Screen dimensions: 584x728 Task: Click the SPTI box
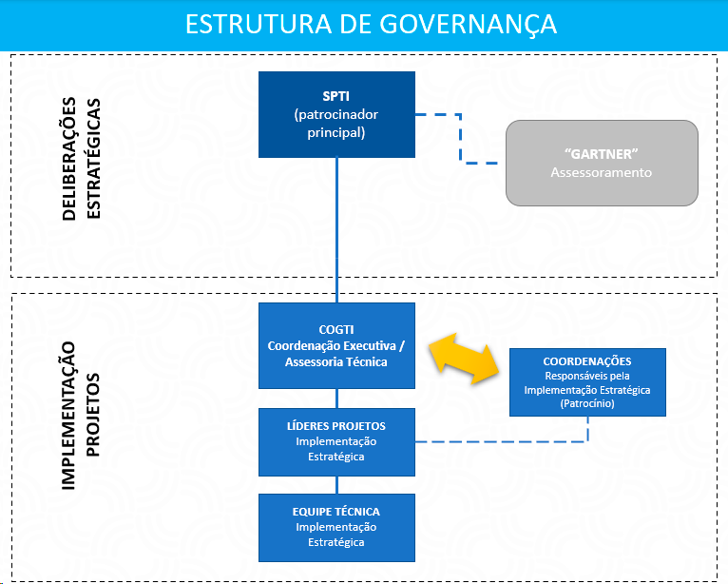pyautogui.click(x=336, y=114)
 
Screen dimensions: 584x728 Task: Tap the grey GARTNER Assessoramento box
pyautogui.click(x=602, y=163)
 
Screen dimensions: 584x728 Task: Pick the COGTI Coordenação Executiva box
pyautogui.click(x=336, y=345)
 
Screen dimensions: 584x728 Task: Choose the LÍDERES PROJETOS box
pyautogui.click(x=336, y=441)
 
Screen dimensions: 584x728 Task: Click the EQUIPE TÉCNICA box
pyautogui.click(x=336, y=527)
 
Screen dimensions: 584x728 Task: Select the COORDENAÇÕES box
pyautogui.click(x=587, y=382)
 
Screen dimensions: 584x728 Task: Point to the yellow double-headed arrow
pyautogui.click(x=467, y=352)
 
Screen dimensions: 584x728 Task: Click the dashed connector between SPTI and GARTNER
pyautogui.click(x=461, y=138)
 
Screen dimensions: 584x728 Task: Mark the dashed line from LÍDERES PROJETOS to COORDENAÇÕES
pyautogui.click(x=504, y=441)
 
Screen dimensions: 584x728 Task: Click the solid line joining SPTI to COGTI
pyautogui.click(x=336, y=228)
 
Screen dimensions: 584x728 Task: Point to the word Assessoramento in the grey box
pyautogui.click(x=602, y=173)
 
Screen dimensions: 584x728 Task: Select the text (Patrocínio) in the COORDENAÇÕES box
pyautogui.click(x=587, y=404)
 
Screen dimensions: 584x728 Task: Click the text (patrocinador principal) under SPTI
pyautogui.click(x=336, y=124)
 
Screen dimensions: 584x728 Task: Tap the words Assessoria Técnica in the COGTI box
pyautogui.click(x=336, y=361)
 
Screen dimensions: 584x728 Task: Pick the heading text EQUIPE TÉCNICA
pyautogui.click(x=336, y=512)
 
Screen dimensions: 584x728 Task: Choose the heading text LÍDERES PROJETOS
pyautogui.click(x=336, y=426)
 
